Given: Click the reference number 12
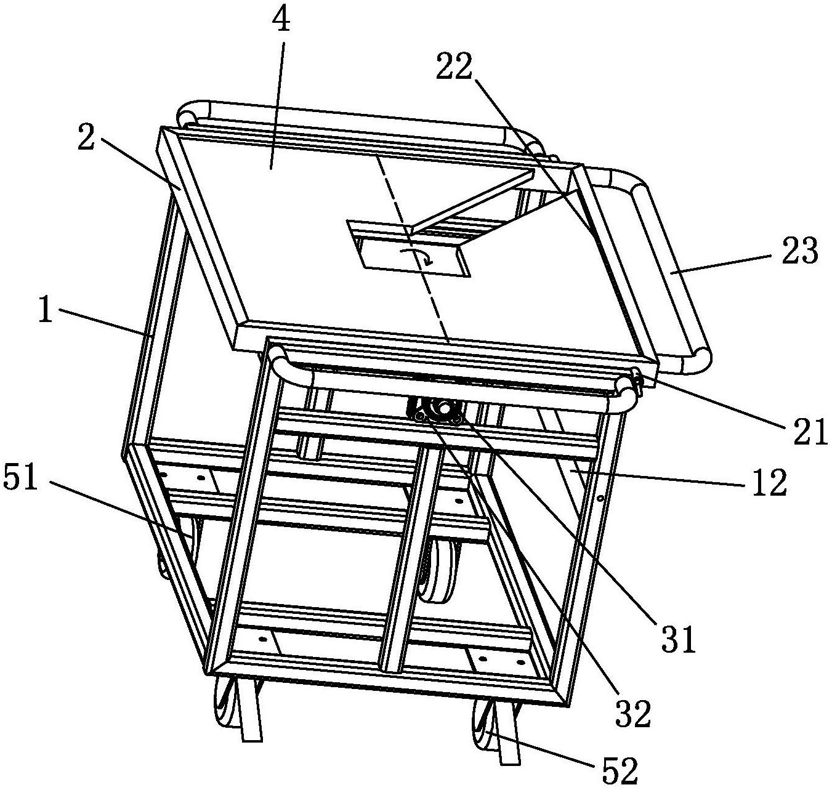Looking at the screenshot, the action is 768,483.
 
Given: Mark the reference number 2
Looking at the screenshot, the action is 86,140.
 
